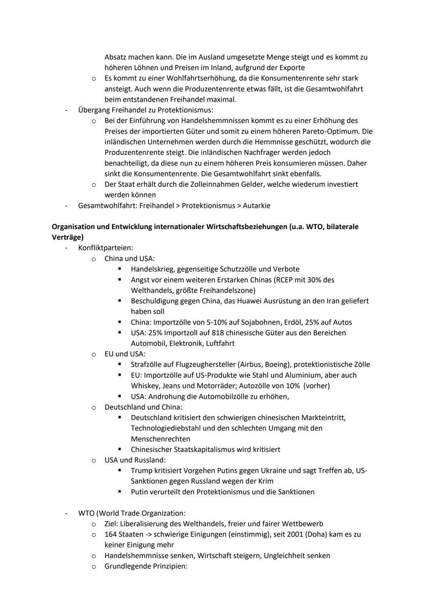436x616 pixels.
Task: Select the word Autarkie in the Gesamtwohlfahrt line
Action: [256, 206]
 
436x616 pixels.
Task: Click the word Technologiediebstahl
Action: [166, 428]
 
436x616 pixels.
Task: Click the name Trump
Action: [142, 471]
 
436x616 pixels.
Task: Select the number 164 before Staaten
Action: [111, 535]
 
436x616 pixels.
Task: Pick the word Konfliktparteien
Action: [105, 248]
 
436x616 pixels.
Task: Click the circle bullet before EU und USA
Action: [94, 354]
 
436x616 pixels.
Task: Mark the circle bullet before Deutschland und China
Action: [94, 407]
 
